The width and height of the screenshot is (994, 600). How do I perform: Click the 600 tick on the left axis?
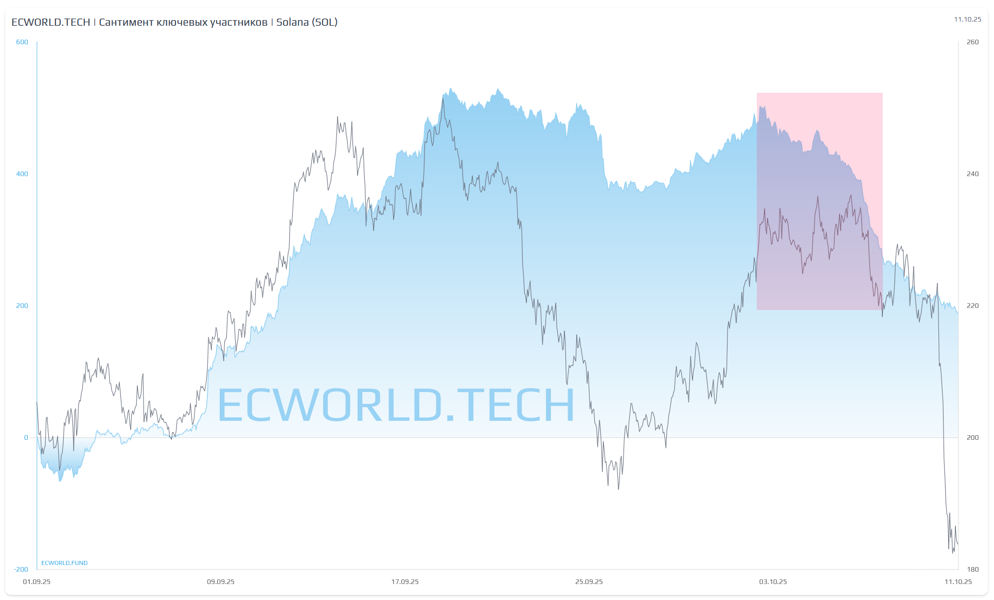(22, 42)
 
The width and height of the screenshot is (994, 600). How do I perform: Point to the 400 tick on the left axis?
(22, 174)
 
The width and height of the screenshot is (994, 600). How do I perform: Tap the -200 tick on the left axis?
(21, 569)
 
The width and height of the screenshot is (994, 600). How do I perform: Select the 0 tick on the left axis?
(26, 438)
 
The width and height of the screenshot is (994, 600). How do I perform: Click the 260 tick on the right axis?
(972, 42)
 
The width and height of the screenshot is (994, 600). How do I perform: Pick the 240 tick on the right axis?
(972, 174)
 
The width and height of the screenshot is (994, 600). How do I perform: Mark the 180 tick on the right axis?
(972, 569)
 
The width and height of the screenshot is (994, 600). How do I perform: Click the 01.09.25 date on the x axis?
(37, 582)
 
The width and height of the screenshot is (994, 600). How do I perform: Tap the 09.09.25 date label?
(221, 582)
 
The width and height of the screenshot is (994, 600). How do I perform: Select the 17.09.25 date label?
(405, 582)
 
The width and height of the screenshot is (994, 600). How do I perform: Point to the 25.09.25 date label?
(589, 582)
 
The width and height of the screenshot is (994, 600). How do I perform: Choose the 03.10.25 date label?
(773, 582)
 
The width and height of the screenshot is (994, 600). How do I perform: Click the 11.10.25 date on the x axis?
(958, 582)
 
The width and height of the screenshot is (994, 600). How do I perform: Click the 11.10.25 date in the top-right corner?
(967, 20)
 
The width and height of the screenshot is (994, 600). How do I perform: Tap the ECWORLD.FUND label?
(64, 563)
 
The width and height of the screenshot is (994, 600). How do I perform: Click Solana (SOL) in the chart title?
(307, 22)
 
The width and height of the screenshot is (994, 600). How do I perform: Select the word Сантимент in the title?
(126, 22)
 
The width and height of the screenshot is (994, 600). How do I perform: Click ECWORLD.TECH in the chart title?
(50, 22)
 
